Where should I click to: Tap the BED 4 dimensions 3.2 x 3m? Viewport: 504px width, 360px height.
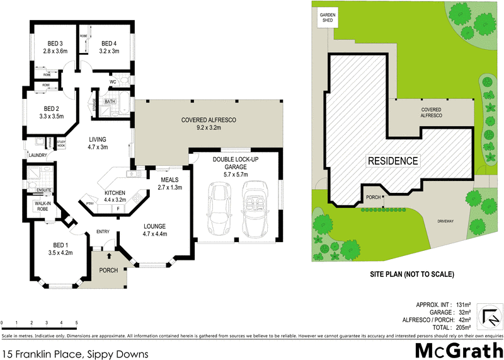point(110,52)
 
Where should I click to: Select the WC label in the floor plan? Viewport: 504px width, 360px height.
point(112,82)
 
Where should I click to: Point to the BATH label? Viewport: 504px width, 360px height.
point(110,102)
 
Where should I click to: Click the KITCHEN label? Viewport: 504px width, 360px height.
point(115,192)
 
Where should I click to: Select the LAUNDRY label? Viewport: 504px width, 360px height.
point(38,154)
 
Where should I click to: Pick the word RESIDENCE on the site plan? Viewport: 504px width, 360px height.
point(392,161)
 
